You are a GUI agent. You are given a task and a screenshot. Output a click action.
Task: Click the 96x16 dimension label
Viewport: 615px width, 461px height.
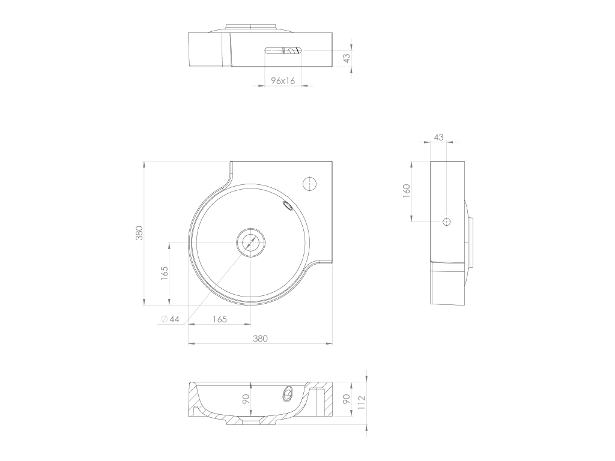[283, 81]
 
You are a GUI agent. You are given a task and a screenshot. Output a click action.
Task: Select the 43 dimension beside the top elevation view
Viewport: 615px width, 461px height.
[347, 58]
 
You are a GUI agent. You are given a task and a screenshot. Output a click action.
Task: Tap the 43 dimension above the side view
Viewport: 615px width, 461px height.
[438, 137]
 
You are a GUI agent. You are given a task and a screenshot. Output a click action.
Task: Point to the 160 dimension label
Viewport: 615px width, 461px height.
[407, 190]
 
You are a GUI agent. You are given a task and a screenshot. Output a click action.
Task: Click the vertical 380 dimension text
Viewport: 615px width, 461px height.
[139, 233]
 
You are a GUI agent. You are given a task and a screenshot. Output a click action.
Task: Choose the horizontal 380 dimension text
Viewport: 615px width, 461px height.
[260, 339]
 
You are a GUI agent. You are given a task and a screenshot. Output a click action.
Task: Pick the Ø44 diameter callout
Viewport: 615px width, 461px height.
[170, 319]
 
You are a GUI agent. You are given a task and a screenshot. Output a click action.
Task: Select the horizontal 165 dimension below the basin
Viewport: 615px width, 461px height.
[219, 319]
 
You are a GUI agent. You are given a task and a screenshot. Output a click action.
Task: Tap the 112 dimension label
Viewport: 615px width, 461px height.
[362, 403]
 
